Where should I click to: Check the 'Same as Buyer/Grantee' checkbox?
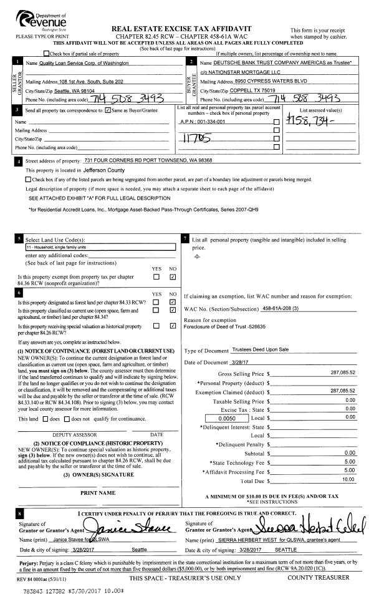(109, 110)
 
